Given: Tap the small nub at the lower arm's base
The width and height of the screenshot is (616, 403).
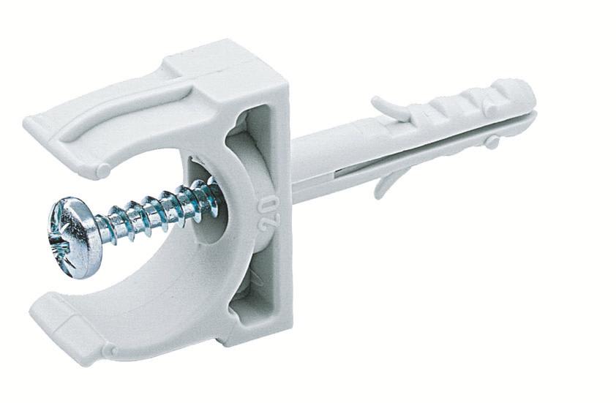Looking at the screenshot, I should (x=110, y=352).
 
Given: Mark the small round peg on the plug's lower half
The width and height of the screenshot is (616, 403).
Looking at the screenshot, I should (x=492, y=141).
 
